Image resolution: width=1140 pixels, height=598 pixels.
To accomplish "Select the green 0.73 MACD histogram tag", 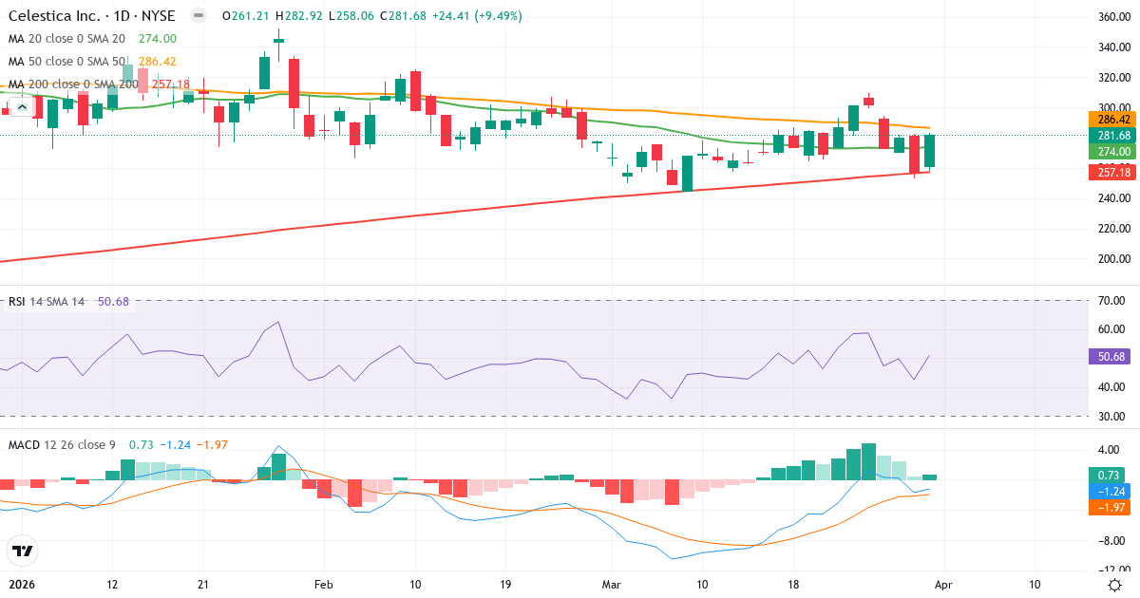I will (x=1108, y=475).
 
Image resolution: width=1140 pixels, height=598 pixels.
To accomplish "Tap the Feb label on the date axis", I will (x=324, y=585).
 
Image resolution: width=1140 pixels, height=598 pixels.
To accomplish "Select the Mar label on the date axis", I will (x=611, y=585).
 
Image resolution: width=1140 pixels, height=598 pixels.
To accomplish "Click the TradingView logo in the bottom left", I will (x=22, y=551).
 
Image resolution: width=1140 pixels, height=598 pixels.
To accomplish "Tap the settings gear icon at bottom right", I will (x=1114, y=585).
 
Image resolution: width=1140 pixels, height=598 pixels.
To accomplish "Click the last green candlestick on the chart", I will (x=930, y=151).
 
